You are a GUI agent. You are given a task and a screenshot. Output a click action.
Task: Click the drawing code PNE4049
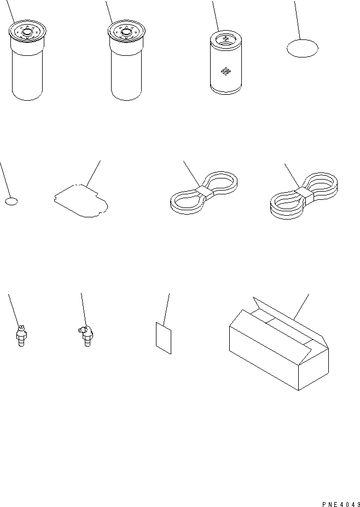tap(341, 504)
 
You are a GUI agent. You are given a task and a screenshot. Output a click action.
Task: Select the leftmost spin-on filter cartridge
tap(27, 60)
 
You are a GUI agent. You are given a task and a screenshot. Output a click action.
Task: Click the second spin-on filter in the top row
tap(126, 60)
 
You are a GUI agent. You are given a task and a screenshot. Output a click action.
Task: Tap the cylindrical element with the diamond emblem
tap(225, 62)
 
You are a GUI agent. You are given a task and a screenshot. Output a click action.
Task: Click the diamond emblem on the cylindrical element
tap(225, 72)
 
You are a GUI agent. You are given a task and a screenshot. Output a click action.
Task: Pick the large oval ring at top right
tap(303, 48)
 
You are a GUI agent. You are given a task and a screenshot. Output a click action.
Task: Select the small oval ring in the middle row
tap(11, 201)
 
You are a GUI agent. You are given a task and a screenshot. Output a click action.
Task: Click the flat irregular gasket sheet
tap(81, 200)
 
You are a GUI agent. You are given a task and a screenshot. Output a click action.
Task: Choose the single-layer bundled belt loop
tap(204, 193)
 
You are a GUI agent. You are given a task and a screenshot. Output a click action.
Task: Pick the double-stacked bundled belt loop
tap(304, 196)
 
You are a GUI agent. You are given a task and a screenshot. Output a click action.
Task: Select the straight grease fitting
tap(21, 336)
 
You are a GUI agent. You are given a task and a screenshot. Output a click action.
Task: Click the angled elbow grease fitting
tap(86, 336)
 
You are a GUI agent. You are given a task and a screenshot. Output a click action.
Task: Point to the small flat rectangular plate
tap(164, 338)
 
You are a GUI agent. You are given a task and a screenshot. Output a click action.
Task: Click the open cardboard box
tap(279, 344)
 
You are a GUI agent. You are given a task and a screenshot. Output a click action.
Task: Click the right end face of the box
tap(313, 369)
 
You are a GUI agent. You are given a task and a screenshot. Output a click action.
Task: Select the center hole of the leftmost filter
tap(27, 32)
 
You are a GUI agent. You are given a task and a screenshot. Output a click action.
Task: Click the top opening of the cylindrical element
tap(225, 38)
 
